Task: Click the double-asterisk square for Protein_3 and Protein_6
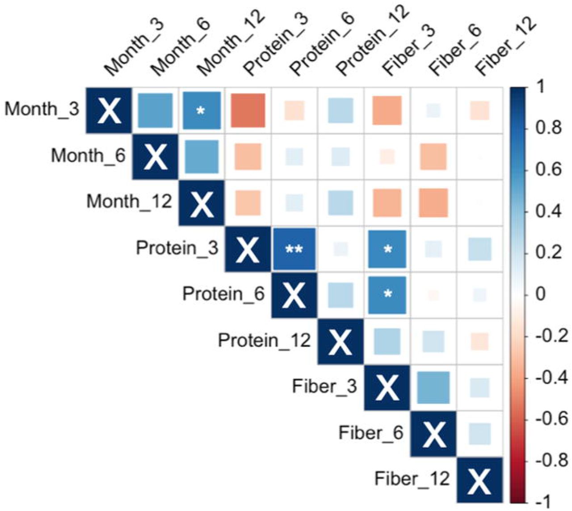coord(294,249)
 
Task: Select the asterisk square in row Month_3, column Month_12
coord(202,110)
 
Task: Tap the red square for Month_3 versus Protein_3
coord(248,110)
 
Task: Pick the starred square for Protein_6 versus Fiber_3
coord(387,295)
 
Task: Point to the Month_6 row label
coord(88,156)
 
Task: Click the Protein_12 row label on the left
coord(264,340)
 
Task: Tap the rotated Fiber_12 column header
coord(505,45)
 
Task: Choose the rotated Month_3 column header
coord(135,47)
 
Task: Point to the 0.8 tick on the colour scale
coord(548,128)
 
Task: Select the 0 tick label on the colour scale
coord(541,295)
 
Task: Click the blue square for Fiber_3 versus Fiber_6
coord(433,388)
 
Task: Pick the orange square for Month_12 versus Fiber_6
coord(433,203)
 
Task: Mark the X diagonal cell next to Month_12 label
coord(202,203)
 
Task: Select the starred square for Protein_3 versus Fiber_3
coord(387,249)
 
